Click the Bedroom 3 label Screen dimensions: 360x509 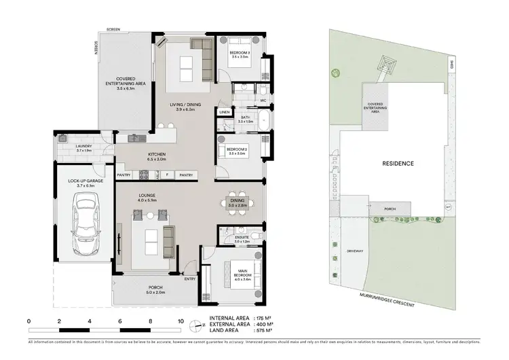241,54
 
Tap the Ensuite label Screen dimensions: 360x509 242,238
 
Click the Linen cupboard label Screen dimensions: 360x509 224,112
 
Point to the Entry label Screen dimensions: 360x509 189,278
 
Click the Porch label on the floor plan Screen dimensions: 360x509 155,289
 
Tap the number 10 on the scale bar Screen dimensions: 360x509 180,321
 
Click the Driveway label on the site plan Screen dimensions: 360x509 356,251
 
